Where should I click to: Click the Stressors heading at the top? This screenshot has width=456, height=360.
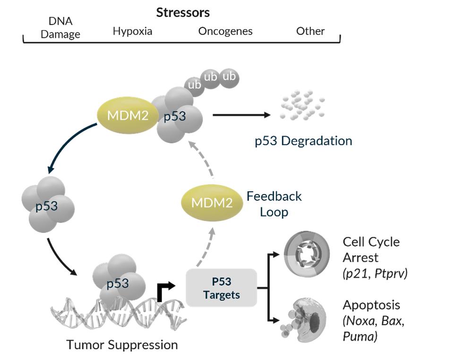point(183,12)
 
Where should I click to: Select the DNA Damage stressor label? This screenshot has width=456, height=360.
point(60,27)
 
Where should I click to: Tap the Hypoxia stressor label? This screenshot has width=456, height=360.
point(132,32)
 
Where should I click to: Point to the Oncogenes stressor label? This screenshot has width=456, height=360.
point(225,32)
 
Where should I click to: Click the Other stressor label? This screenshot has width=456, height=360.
point(310,32)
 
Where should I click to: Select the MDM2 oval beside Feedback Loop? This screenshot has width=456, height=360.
point(211,203)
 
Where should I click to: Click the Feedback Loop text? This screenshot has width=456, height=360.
point(274,204)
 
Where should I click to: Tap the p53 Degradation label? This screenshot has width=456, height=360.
point(303,141)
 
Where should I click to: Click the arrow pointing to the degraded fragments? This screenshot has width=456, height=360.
point(241,115)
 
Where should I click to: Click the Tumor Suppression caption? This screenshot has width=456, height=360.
point(122,344)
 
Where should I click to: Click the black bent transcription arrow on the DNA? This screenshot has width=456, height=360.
point(165,291)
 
